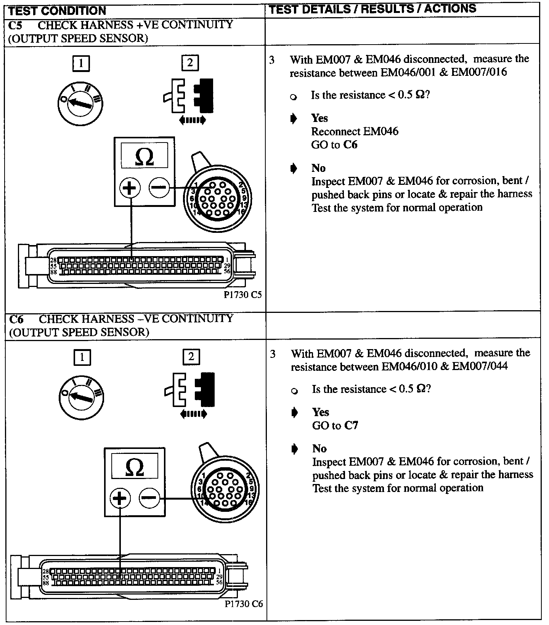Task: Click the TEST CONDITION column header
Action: [x=57, y=11]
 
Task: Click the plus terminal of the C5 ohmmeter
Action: [x=130, y=187]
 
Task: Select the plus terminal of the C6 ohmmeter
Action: [x=120, y=498]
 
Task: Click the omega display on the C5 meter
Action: [x=144, y=156]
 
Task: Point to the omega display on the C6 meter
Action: [x=135, y=467]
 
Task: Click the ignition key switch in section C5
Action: [x=80, y=103]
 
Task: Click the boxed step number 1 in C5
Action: [x=81, y=63]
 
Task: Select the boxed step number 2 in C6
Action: [x=191, y=357]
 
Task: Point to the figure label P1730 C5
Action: [x=243, y=295]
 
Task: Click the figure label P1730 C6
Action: [x=244, y=604]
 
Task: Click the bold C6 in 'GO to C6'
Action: [x=350, y=145]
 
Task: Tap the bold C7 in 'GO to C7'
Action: [x=351, y=425]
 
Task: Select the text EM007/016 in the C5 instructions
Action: [x=479, y=72]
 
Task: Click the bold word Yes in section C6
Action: [x=320, y=412]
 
